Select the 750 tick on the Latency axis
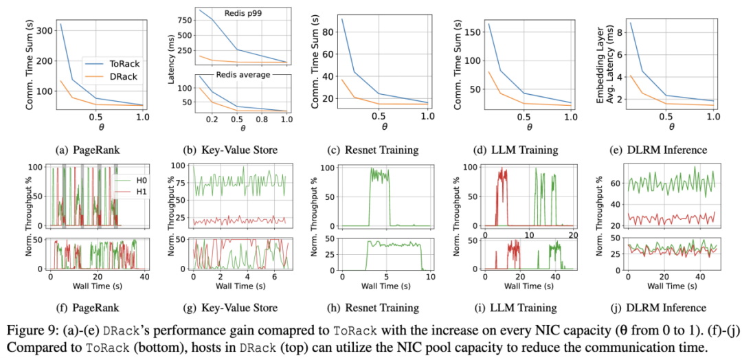[183, 21]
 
